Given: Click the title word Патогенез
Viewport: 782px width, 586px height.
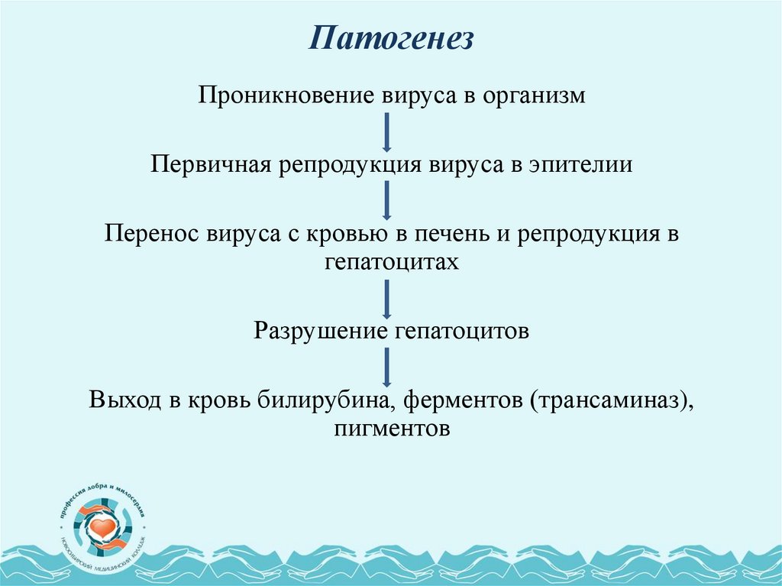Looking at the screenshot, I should (391, 37).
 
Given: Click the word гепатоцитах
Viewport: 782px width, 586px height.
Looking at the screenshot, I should (391, 263).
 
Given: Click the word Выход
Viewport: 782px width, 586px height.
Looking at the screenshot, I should (124, 400).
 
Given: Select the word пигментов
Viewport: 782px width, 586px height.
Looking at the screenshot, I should (391, 429).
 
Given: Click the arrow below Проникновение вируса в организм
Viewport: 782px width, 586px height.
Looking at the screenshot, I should (387, 131).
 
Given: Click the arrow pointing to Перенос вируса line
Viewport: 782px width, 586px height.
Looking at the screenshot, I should (387, 200).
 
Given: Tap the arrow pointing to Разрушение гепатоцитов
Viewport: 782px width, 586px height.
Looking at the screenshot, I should (387, 299).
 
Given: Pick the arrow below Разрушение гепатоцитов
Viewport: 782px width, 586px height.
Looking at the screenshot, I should (387, 367).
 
